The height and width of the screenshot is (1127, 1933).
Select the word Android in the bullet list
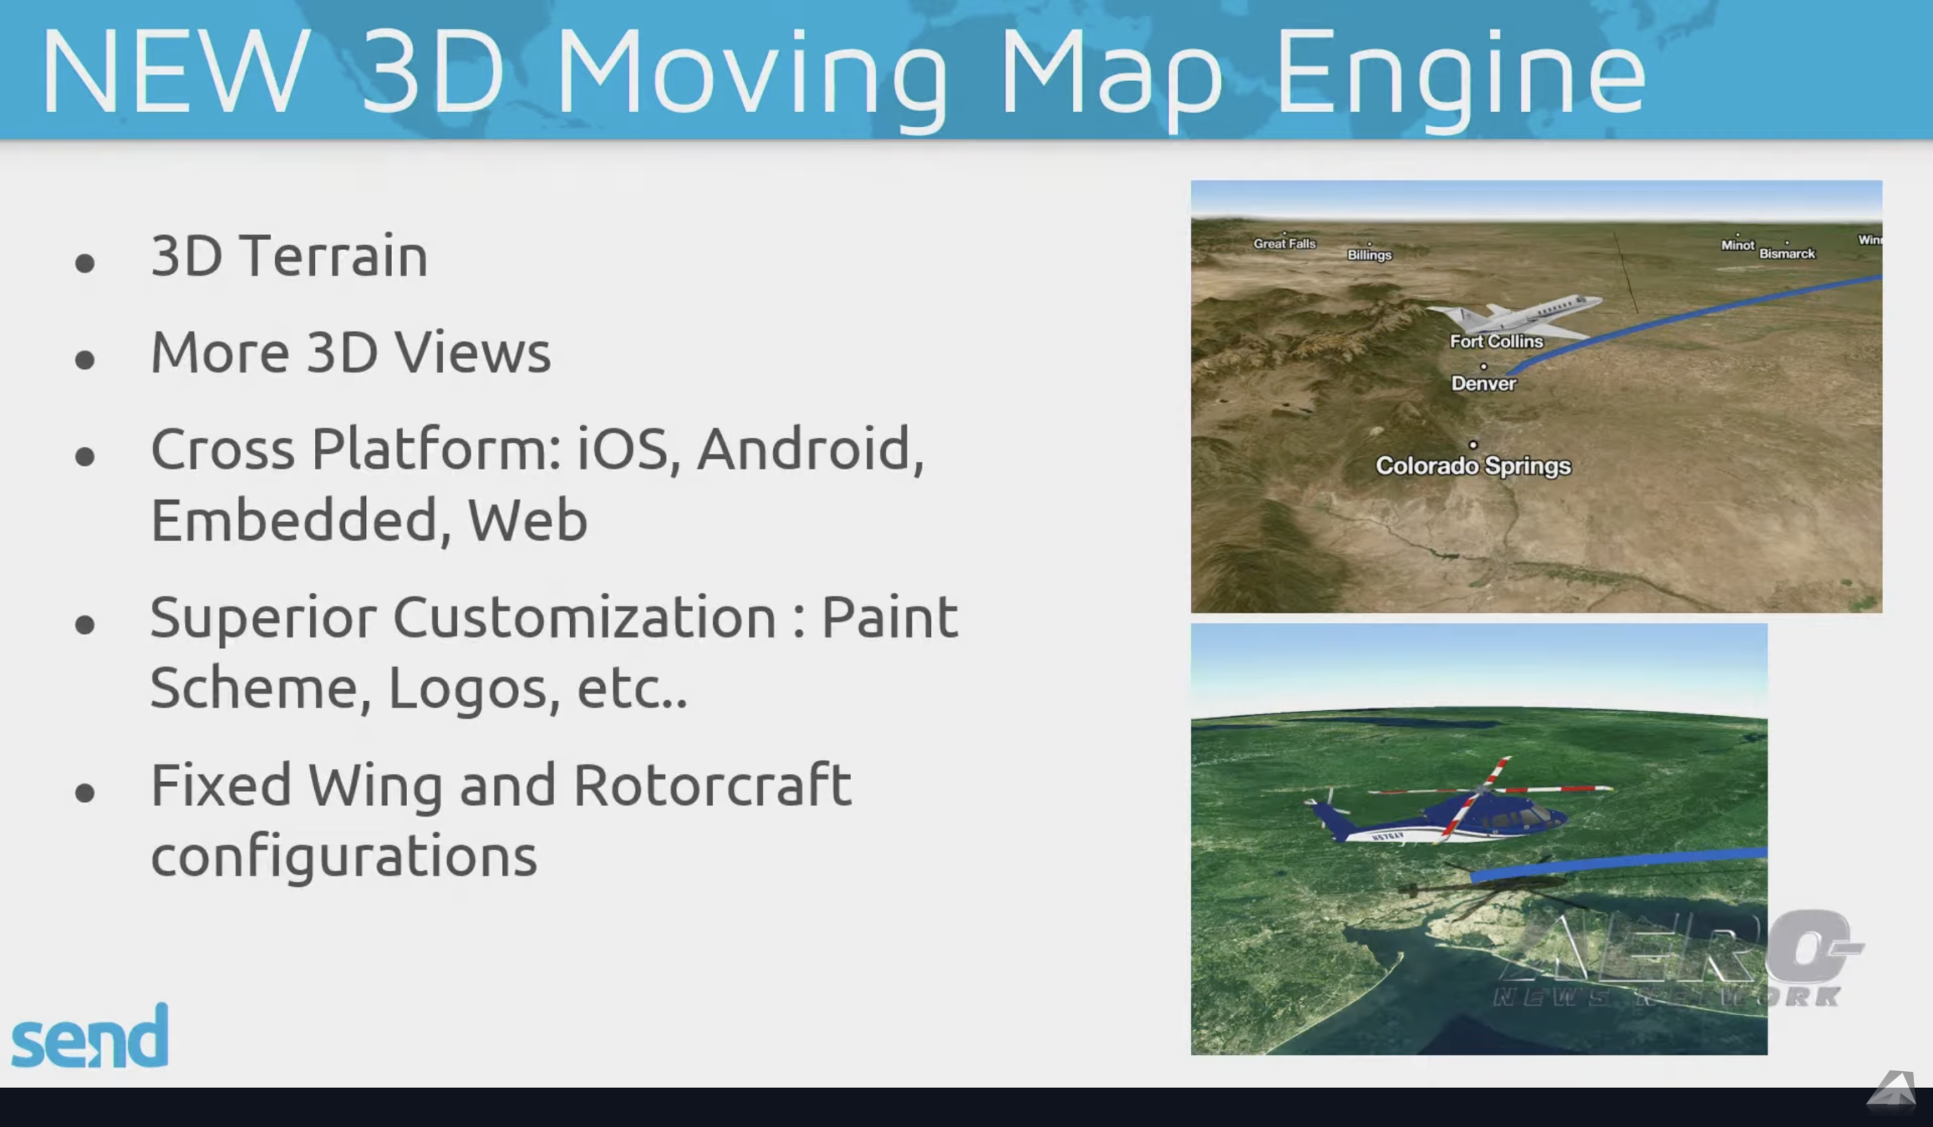[x=810, y=449]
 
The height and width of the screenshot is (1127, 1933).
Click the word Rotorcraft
[x=712, y=786]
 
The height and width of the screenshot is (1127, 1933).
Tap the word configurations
[x=344, y=856]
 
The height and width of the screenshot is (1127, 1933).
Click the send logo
[x=90, y=1037]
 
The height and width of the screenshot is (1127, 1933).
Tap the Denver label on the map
[x=1484, y=384]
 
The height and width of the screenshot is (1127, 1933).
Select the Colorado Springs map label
[x=1472, y=466]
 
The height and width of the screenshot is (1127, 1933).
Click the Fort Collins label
[x=1496, y=341]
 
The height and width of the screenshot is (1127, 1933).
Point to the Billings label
[x=1369, y=255]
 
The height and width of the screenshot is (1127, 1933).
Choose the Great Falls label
[x=1284, y=243]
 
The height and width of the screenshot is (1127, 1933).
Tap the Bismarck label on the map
[x=1787, y=253]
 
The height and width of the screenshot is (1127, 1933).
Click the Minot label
[x=1737, y=245]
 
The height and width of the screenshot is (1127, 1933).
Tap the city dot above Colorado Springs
[x=1472, y=444]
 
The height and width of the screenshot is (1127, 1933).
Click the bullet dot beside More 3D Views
[x=85, y=359]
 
